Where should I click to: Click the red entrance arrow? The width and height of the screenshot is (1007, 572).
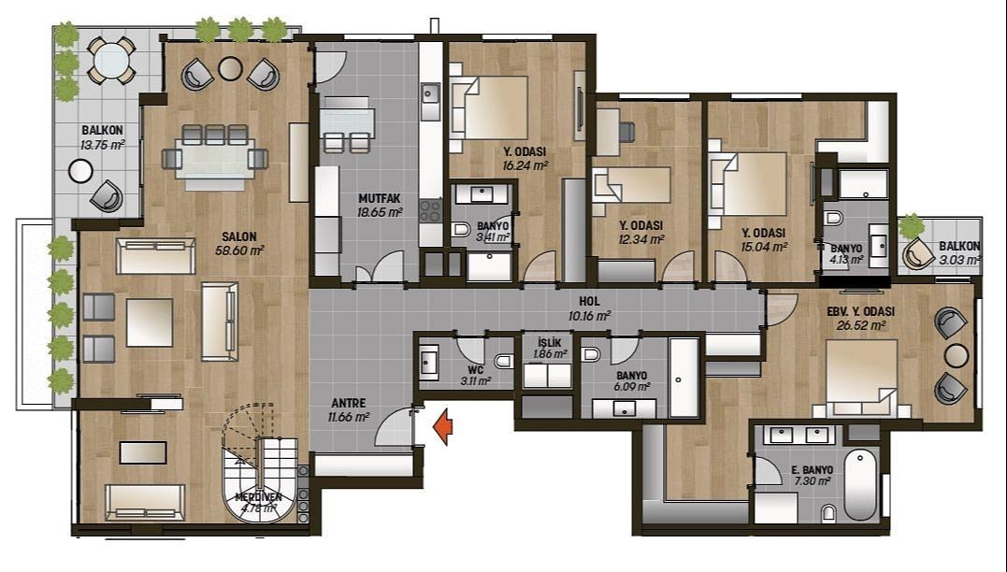point(442,428)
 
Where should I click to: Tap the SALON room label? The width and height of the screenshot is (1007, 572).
point(239,236)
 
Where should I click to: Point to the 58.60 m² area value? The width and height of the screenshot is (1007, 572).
point(239,250)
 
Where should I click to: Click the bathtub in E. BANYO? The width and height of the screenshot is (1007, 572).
point(860,485)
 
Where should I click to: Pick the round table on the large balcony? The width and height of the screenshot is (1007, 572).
point(112,61)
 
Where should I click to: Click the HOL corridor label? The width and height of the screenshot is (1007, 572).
point(589,301)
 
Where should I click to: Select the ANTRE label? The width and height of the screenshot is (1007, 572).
point(349,403)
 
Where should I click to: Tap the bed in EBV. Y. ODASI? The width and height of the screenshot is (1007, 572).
point(861,379)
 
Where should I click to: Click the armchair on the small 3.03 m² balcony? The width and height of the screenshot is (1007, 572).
point(918,253)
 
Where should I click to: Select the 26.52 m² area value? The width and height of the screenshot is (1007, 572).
point(861,325)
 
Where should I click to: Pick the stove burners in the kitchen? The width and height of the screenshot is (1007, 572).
point(430,210)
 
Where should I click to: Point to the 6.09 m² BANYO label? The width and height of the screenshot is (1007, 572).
point(631,376)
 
